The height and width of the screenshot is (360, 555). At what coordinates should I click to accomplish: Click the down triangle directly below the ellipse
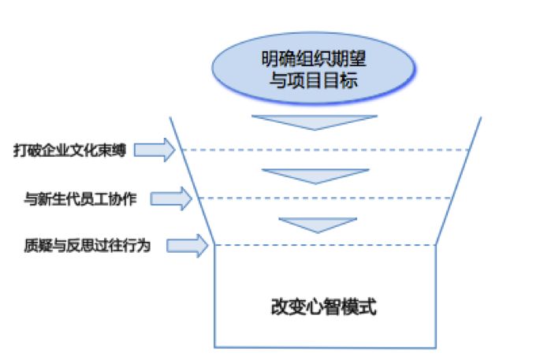click(314, 123)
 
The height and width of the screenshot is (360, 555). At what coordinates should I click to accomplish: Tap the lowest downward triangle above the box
click(313, 223)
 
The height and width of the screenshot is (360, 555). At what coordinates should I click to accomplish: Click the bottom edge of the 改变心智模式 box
click(326, 347)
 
